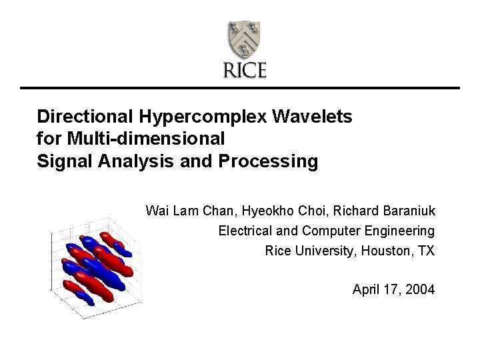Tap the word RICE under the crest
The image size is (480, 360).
[x=245, y=71]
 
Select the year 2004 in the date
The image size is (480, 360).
[x=419, y=290]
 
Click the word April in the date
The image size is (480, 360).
[x=366, y=290]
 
